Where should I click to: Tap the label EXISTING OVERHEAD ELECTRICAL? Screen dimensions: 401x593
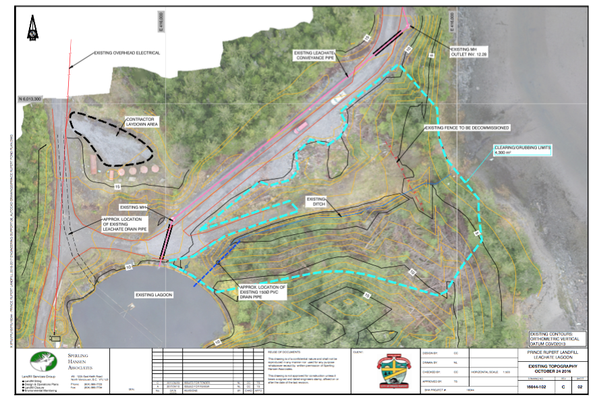[128, 53]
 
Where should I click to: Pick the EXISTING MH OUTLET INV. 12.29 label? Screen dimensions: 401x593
[469, 52]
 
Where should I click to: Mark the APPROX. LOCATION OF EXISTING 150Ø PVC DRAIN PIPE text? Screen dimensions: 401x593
[263, 292]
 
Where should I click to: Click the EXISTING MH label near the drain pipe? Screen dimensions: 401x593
[132, 207]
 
